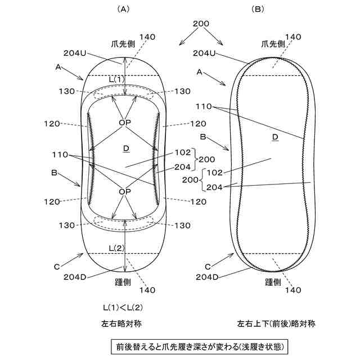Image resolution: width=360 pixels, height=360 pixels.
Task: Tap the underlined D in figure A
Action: click(125, 148)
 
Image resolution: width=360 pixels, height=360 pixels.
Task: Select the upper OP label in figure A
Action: click(125, 122)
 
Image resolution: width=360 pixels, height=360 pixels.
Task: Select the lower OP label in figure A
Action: click(125, 192)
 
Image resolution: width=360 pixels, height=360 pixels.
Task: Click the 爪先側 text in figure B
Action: click(273, 43)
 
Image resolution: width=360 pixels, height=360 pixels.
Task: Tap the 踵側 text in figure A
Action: click(124, 281)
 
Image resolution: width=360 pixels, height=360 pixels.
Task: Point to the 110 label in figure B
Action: click(204, 106)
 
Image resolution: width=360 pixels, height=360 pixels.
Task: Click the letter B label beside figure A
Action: click(55, 174)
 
